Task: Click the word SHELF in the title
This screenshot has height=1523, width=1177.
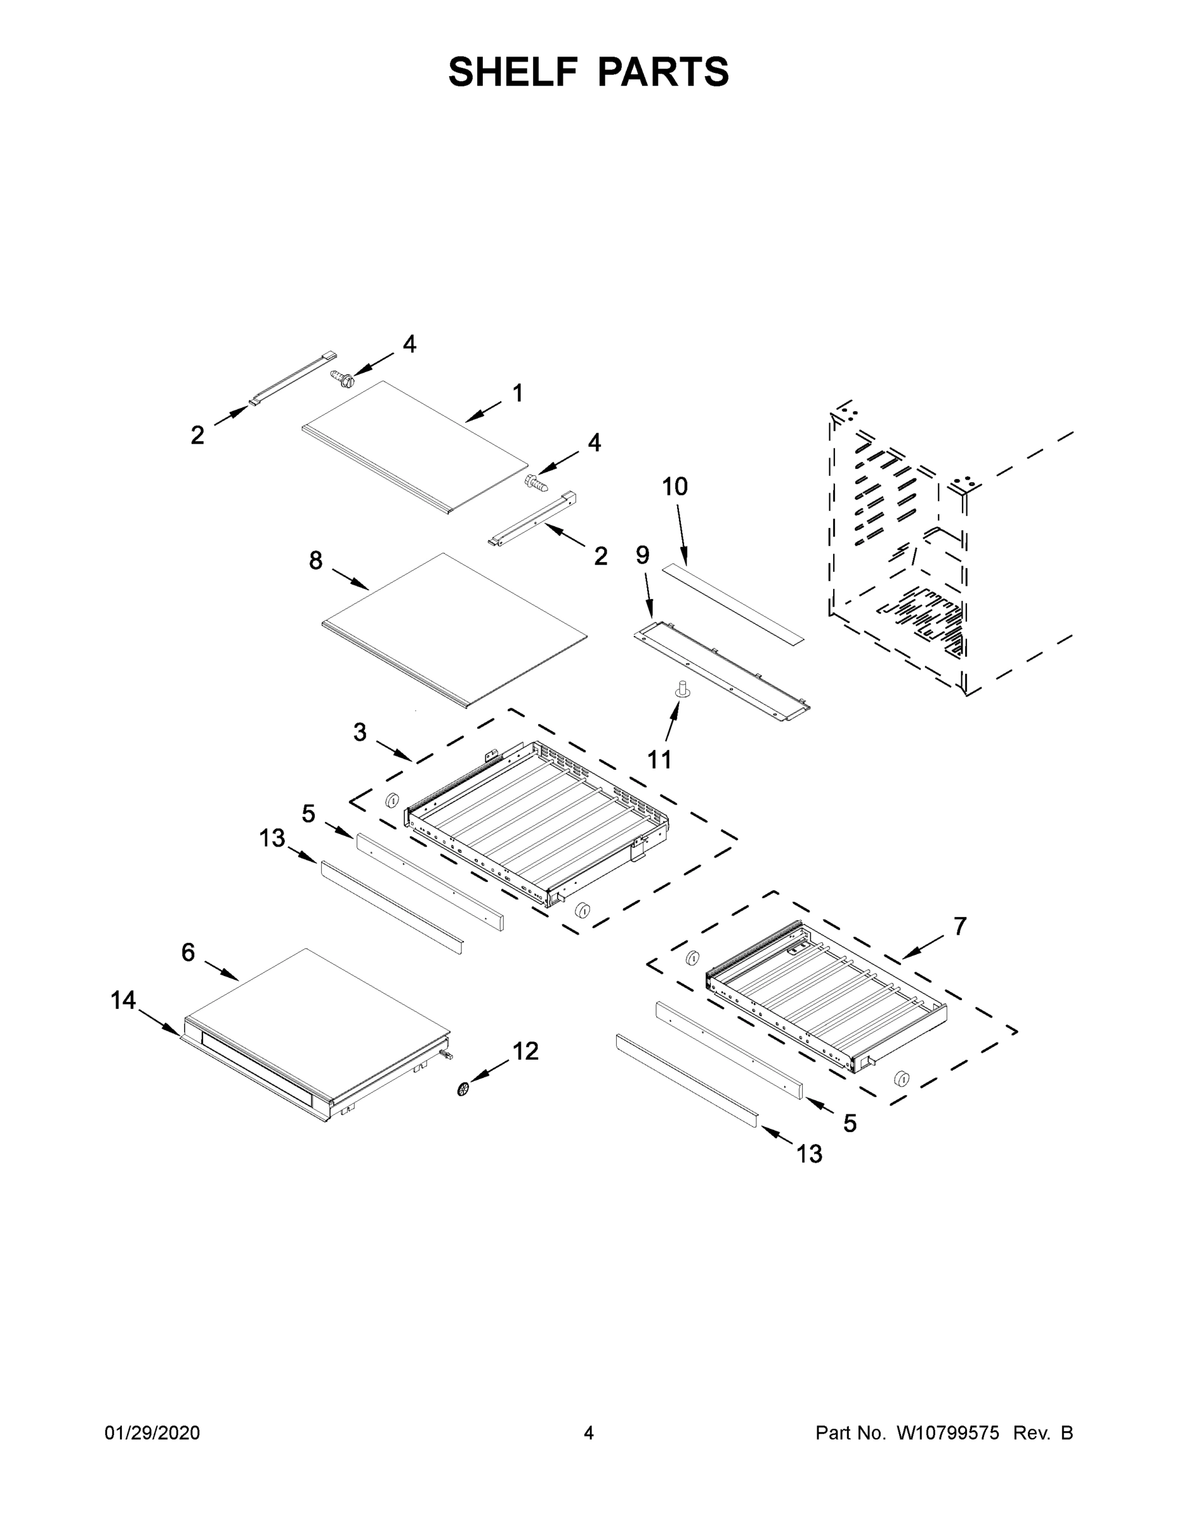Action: (513, 72)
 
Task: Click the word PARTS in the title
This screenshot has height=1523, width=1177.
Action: (662, 72)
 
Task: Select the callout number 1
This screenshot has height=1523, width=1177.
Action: (517, 393)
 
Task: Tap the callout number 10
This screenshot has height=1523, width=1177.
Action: (674, 487)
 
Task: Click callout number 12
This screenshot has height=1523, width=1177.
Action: (526, 1051)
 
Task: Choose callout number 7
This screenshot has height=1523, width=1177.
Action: (960, 926)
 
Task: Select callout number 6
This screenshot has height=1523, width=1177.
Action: (188, 953)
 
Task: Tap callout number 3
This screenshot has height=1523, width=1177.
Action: (360, 732)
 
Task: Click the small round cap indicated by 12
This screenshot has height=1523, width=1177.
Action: (463, 1088)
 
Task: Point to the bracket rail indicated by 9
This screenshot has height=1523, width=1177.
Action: (721, 669)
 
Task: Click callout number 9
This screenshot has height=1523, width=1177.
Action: (642, 555)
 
